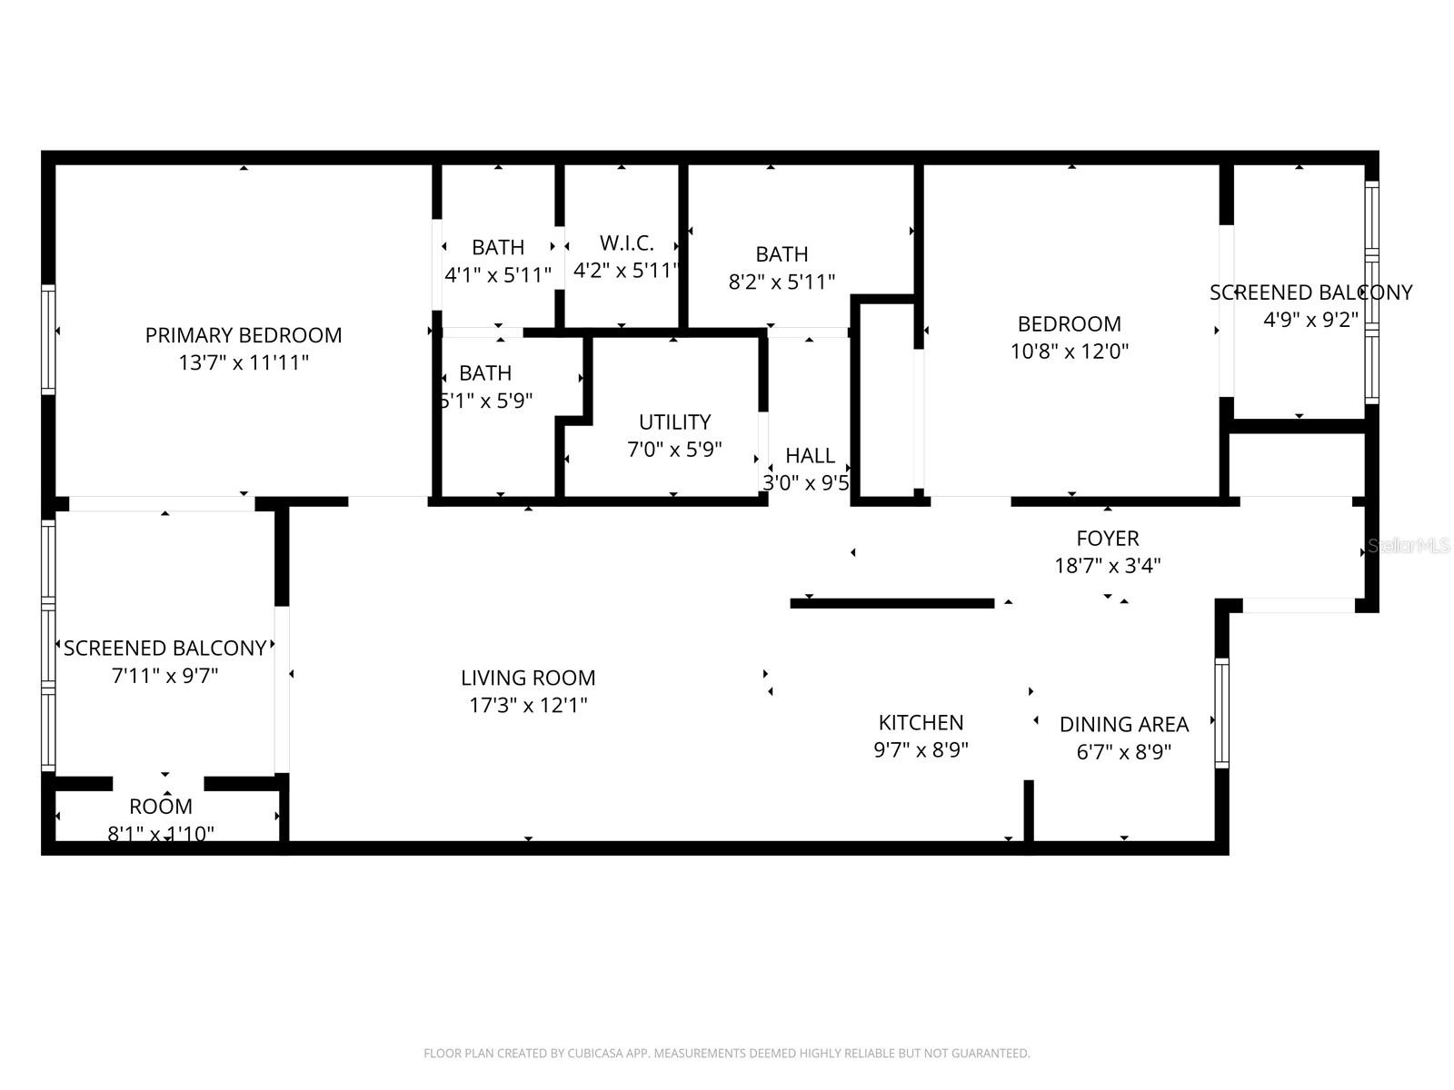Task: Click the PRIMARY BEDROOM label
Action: click(244, 335)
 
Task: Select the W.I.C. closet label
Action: click(626, 243)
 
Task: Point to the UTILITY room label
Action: click(674, 422)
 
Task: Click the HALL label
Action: click(810, 456)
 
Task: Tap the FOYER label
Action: click(1107, 539)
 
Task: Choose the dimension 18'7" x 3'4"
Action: click(1107, 566)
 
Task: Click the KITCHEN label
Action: click(921, 723)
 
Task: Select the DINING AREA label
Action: click(1123, 725)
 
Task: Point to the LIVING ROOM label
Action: click(528, 678)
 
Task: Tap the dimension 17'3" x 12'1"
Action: click(528, 706)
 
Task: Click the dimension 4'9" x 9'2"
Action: click(1310, 320)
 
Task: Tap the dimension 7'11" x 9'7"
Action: click(164, 676)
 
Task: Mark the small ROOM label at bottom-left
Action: click(161, 807)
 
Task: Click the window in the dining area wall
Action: click(1221, 713)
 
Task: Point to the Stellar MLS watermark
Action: click(1409, 547)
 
